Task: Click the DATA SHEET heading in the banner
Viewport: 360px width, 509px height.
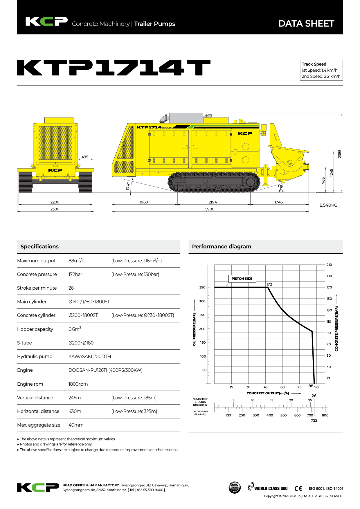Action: (306, 24)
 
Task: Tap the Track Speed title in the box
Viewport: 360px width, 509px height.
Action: (314, 64)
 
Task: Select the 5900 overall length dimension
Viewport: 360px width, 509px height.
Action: (210, 209)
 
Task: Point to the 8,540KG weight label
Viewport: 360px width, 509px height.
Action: (328, 205)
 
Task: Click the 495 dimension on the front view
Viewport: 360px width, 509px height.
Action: (85, 157)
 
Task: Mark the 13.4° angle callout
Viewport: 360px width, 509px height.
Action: (128, 186)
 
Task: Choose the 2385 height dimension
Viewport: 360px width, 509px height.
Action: (339, 154)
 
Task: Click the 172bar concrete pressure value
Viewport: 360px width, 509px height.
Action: (75, 274)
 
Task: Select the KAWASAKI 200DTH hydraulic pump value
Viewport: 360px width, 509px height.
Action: (89, 356)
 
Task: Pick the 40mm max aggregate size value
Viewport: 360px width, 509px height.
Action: (76, 425)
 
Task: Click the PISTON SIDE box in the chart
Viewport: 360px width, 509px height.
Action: (242, 279)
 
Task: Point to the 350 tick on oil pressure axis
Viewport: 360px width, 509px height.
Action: (202, 287)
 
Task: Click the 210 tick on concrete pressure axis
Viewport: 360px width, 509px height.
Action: (329, 265)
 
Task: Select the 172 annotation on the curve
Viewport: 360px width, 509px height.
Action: (269, 284)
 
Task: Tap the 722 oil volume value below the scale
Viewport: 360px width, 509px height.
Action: (314, 420)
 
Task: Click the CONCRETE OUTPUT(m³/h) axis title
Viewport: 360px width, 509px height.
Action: (268, 393)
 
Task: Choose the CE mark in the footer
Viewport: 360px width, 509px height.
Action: (298, 488)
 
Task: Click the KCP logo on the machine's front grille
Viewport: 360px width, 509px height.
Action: (55, 170)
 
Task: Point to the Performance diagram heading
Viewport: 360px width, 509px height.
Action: (222, 247)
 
